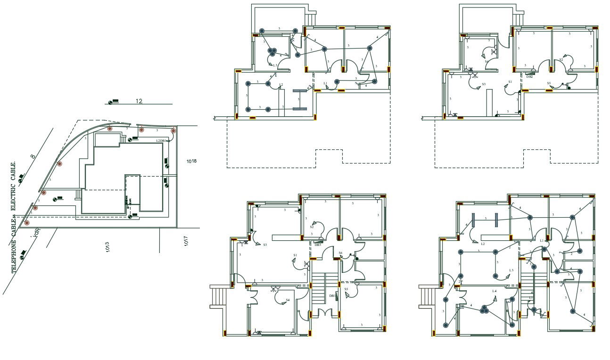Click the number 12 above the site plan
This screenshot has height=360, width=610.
139,101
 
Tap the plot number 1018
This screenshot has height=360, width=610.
191,161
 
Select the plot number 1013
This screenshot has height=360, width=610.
107,246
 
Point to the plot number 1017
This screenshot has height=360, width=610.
186,241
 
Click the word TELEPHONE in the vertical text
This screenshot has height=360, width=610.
15,256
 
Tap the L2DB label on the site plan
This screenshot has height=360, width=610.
161,140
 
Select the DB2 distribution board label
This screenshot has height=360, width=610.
529,77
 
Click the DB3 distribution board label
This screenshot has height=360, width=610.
317,245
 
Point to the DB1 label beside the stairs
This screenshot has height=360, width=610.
332,296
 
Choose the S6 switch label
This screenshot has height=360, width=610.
340,253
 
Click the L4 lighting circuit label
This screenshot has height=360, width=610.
494,291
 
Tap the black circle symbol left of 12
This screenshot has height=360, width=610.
111,103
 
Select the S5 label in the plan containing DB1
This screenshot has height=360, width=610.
346,289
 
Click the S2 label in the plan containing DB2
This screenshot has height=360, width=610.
561,60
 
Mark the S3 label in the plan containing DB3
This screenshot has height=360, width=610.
265,245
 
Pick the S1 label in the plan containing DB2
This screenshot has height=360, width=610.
510,82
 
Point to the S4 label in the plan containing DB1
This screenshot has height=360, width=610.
288,300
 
